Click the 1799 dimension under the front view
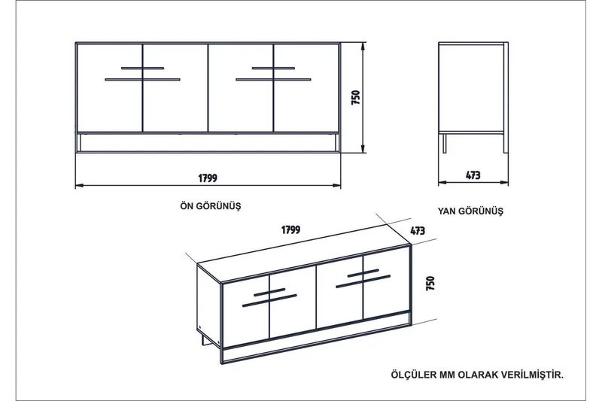tap(208, 178)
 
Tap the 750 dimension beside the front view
tap(356, 98)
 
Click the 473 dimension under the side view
tap(473, 176)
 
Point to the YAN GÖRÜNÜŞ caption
tap(470, 211)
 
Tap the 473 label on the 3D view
tap(419, 232)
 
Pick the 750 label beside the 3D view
tap(430, 284)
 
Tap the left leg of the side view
tap(445, 143)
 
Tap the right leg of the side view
tap(503, 143)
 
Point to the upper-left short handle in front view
tap(141, 68)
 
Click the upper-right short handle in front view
tap(273, 68)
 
